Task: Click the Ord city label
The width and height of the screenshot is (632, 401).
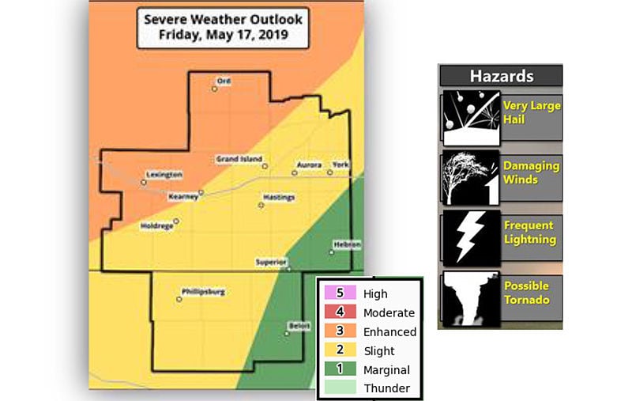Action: pyautogui.click(x=225, y=80)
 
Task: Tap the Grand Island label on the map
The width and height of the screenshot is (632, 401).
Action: pyautogui.click(x=239, y=160)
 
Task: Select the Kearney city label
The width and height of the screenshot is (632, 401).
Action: pyautogui.click(x=183, y=196)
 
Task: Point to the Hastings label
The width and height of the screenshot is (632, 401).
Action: pyautogui.click(x=278, y=196)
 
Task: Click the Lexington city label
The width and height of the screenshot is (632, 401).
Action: pyautogui.click(x=164, y=174)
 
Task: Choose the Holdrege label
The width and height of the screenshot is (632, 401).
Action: pyautogui.click(x=156, y=225)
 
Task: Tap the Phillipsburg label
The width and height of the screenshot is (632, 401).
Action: pyautogui.click(x=203, y=292)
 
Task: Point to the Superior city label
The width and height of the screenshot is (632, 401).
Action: pyautogui.click(x=270, y=262)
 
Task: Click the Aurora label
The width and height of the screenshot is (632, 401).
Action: pyautogui.click(x=307, y=165)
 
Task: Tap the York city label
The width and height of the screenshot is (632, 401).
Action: pyautogui.click(x=340, y=164)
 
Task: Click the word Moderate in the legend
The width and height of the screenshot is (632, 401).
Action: pyautogui.click(x=389, y=312)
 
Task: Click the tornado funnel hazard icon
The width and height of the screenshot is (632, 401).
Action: pyautogui.click(x=471, y=298)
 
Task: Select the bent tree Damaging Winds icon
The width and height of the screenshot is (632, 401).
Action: pyautogui.click(x=471, y=177)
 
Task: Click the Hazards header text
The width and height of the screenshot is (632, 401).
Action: pyautogui.click(x=501, y=76)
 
